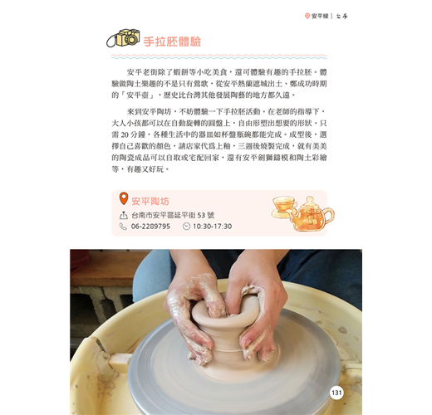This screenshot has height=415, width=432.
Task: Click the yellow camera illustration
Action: pyautogui.click(x=124, y=38)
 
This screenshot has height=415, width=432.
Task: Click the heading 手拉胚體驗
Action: pyautogui.click(x=172, y=41)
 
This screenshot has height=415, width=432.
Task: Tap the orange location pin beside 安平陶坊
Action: pyautogui.click(x=124, y=198)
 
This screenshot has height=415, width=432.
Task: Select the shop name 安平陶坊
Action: pyautogui.click(x=150, y=201)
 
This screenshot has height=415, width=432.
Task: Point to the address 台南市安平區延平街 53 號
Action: pyautogui.click(x=173, y=215)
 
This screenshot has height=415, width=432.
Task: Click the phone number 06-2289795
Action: pyautogui.click(x=150, y=227)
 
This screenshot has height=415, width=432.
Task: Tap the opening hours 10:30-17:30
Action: pyautogui.click(x=213, y=227)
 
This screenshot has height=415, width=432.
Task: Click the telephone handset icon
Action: pyautogui.click(x=123, y=227)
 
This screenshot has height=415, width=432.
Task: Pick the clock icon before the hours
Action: pyautogui.click(x=186, y=227)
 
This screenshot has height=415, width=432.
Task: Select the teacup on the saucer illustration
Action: pyautogui.click(x=283, y=207)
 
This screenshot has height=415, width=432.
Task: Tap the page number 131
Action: pyautogui.click(x=336, y=393)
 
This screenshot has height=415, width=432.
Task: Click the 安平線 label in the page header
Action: pyautogui.click(x=320, y=16)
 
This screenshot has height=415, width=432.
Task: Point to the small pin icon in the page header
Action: pyautogui.click(x=307, y=16)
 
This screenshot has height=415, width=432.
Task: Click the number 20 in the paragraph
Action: pyautogui.click(x=125, y=134)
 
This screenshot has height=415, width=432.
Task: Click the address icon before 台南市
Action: pyautogui.click(x=123, y=215)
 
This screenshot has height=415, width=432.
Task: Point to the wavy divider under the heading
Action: pyautogui.click(x=219, y=56)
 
